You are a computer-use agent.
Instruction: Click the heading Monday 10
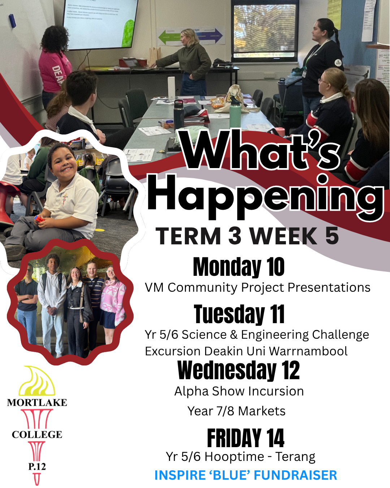pos(239,267)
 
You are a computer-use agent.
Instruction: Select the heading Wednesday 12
pos(239,371)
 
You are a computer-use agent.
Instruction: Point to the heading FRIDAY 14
pos(246,438)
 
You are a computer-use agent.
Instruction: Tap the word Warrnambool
pos(308,351)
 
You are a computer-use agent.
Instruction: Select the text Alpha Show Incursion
pos(239,391)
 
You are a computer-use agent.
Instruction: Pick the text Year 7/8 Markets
pos(237,411)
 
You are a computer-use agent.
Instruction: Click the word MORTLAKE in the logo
pos(37,403)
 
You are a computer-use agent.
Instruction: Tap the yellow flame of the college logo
pos(37,381)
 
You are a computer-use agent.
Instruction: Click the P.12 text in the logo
pos(37,466)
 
